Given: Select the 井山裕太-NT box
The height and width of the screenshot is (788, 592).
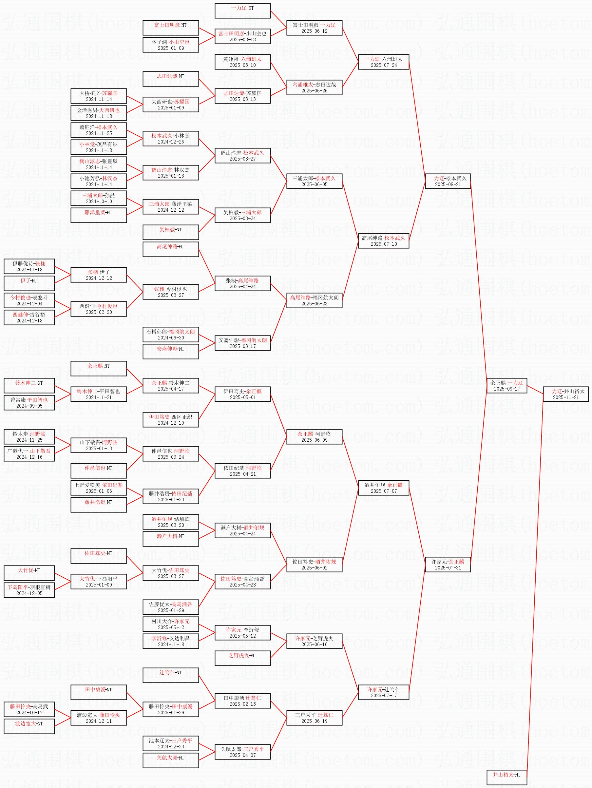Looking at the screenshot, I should tap(506, 775).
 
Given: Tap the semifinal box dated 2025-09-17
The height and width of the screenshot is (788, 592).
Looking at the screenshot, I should tap(506, 385).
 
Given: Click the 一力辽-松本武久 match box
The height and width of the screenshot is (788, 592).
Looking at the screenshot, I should tap(448, 181).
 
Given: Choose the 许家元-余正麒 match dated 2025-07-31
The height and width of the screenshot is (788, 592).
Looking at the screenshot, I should tap(448, 564).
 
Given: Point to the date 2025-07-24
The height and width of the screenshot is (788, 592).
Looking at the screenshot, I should tap(383, 65).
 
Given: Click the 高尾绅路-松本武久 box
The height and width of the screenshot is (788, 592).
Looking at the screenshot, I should tap(383, 241).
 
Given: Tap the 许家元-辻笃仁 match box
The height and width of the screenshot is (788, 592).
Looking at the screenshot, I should tap(383, 692).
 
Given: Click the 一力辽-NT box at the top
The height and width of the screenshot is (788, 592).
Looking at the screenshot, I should tap(242, 11).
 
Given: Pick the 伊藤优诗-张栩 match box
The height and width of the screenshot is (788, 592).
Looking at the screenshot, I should tap(29, 266).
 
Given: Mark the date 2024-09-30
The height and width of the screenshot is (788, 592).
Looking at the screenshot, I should tap(171, 338).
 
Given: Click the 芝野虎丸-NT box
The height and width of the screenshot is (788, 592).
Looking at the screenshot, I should tap(242, 658).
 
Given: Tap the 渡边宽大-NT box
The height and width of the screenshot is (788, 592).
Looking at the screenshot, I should tap(29, 726).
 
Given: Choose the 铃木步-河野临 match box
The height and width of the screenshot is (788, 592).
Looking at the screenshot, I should tap(29, 437).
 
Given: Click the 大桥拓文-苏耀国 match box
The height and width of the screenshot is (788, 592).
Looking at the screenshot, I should tap(99, 96).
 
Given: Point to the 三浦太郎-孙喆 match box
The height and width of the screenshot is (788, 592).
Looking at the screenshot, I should tap(99, 198).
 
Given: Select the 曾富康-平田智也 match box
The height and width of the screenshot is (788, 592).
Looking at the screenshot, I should tap(29, 403).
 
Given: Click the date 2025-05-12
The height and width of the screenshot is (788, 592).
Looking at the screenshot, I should tap(171, 627).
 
